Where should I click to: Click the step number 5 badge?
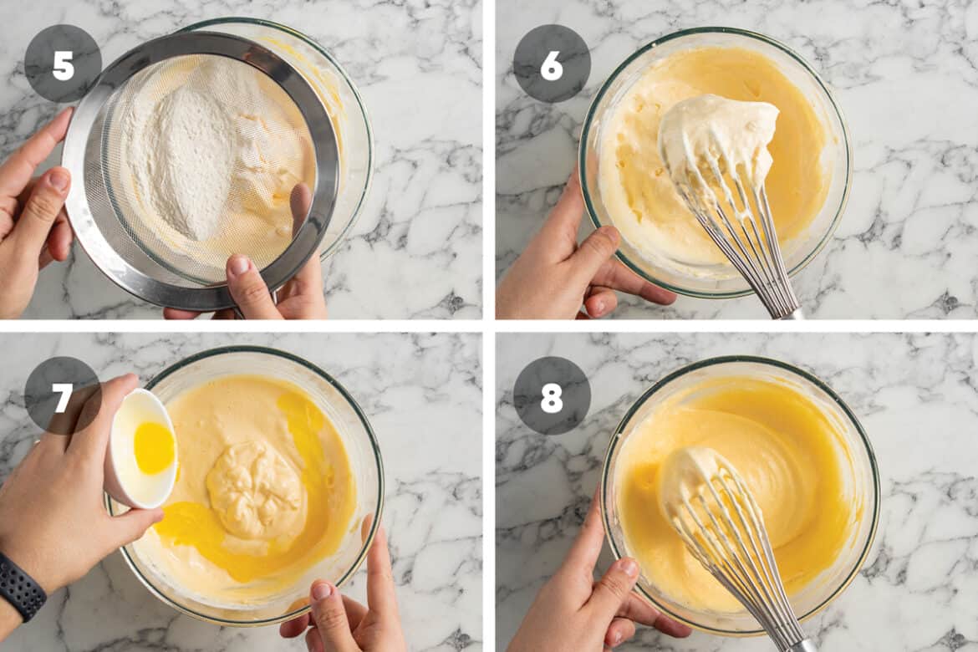click(63, 64)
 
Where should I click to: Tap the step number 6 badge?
click(552, 64)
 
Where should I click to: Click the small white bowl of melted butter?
click(143, 448)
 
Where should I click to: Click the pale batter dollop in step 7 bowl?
click(256, 490)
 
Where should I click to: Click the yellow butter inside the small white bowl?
click(154, 447)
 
